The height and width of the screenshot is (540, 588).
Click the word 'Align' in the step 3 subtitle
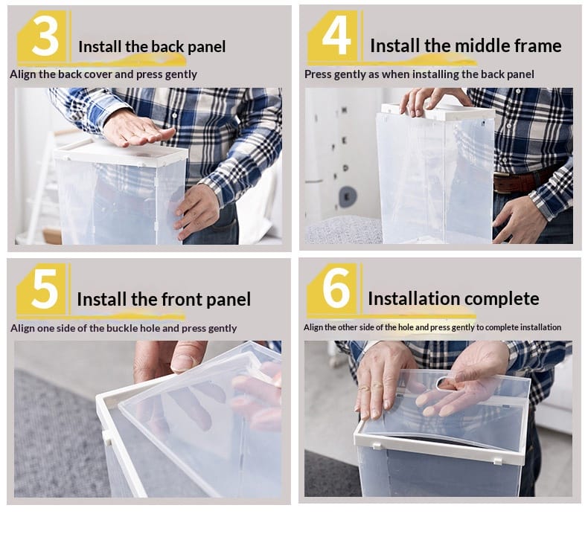[x=22, y=74]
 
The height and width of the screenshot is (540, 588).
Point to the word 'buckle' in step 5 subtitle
[x=121, y=328]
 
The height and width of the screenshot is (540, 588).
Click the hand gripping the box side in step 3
[x=196, y=211]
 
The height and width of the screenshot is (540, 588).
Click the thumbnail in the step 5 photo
[x=182, y=362]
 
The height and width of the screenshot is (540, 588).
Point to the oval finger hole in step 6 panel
[x=445, y=382]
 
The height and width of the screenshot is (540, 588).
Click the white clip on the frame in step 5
[x=107, y=437]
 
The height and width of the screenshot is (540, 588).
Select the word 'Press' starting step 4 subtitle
[x=318, y=74]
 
